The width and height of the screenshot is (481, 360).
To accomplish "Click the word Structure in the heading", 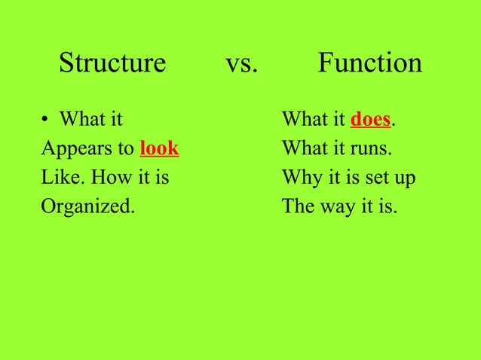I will click(112, 63).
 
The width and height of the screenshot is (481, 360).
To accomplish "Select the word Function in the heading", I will click(369, 63).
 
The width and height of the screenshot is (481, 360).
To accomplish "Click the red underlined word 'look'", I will click(159, 148).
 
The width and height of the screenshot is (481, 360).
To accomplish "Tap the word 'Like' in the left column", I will click(57, 178).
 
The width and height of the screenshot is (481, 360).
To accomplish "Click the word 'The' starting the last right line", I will click(296, 207).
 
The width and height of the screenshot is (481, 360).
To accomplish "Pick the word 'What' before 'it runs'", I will click(302, 148).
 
